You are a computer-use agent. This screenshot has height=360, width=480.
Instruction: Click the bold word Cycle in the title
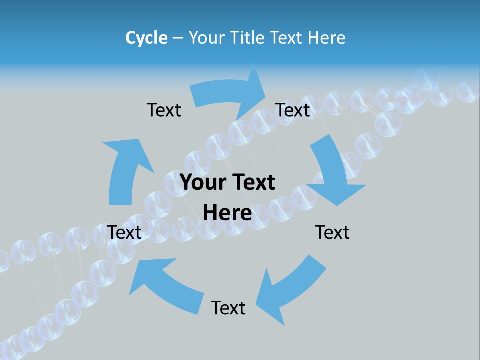coord(146,38)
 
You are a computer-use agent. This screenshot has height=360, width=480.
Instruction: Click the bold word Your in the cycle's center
coord(204,183)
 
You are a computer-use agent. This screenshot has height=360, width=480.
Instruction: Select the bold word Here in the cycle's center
coord(228,213)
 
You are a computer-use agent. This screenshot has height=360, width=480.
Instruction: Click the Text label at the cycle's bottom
coord(228,308)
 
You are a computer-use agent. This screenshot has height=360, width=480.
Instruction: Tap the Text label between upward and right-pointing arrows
coord(164,110)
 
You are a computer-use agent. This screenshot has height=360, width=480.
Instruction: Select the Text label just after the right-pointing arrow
coord(293,110)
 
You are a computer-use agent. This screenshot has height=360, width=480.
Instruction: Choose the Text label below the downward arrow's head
coord(332,232)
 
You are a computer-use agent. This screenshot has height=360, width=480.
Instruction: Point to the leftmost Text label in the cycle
coord(124,232)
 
